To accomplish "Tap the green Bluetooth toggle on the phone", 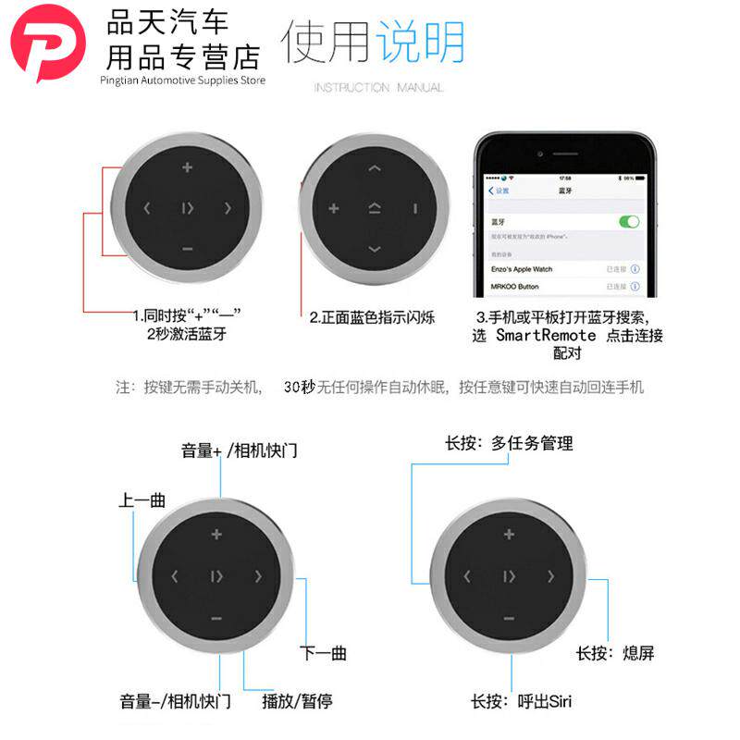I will (629, 222).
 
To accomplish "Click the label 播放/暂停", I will (297, 701).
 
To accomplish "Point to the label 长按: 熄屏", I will (615, 653).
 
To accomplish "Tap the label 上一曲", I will (142, 500).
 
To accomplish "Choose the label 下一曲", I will (323, 653).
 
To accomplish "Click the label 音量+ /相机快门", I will (240, 451).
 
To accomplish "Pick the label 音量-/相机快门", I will (175, 701).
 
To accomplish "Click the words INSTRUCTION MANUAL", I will (378, 88).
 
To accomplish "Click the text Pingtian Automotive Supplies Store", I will (182, 80).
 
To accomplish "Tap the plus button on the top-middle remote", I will (334, 208).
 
